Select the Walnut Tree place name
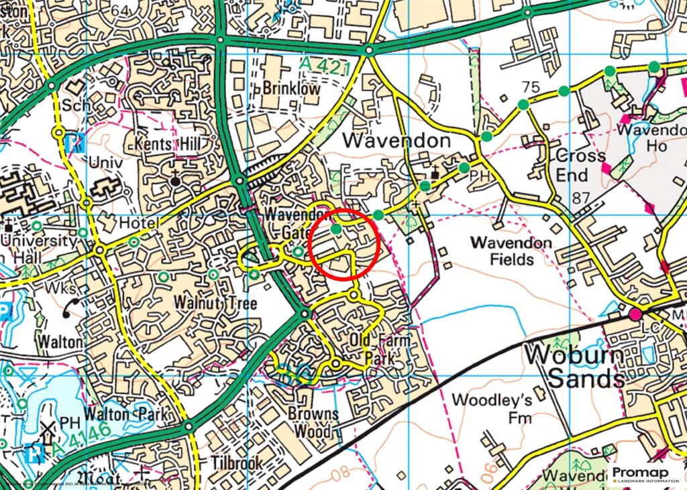(205, 304)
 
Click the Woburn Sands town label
(574, 367)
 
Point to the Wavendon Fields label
(511, 250)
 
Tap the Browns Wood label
(313, 422)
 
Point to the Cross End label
(581, 165)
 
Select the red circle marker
(346, 244)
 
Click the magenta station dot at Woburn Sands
(635, 314)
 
